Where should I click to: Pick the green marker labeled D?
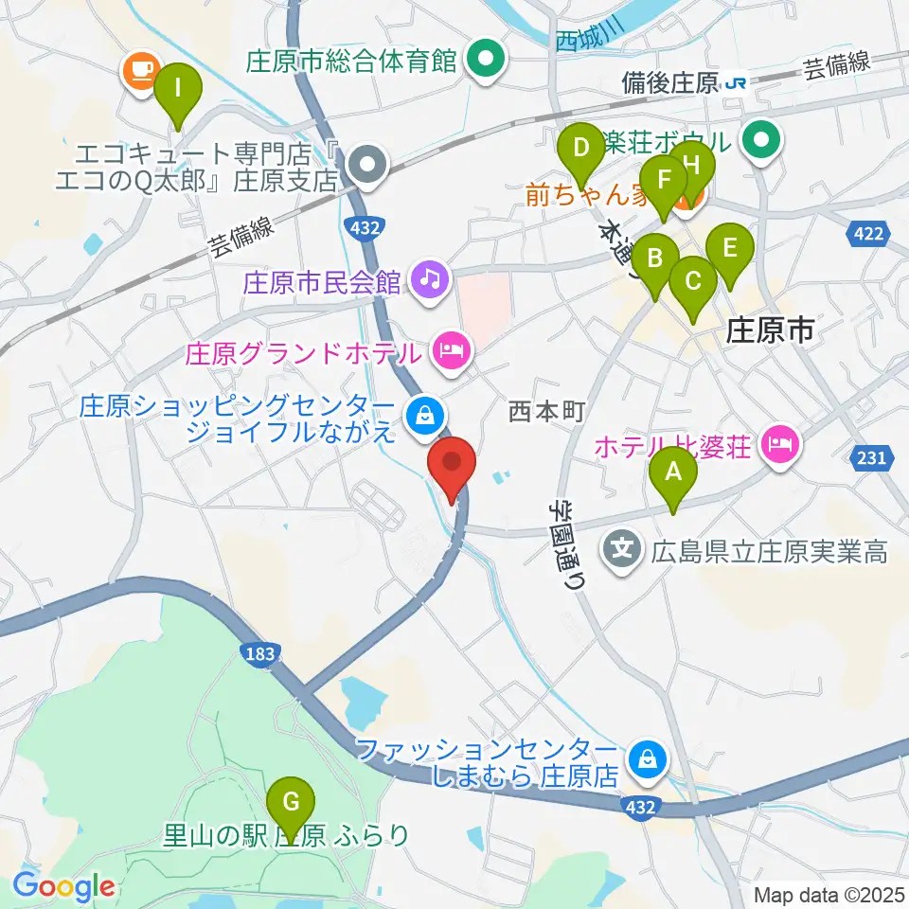click(x=580, y=148)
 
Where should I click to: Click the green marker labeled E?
click(x=729, y=248)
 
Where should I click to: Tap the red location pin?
click(x=451, y=464)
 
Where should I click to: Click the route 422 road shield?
click(x=872, y=233)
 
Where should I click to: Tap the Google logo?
click(x=64, y=886)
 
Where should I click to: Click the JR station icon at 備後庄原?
click(x=735, y=83)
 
